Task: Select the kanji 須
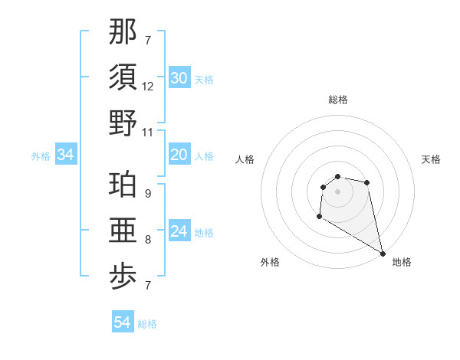pyautogui.click(x=123, y=77)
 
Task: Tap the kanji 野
pyautogui.click(x=123, y=123)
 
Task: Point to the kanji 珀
pyautogui.click(x=123, y=185)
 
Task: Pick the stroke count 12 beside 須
pyautogui.click(x=148, y=87)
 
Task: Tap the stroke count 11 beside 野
pyautogui.click(x=148, y=133)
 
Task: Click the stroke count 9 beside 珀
pyautogui.click(x=148, y=194)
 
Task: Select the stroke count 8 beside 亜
pyautogui.click(x=148, y=240)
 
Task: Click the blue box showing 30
pyautogui.click(x=179, y=78)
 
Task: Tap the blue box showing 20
pyautogui.click(x=179, y=155)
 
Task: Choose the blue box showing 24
pyautogui.click(x=179, y=231)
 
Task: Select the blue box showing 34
pyautogui.click(x=65, y=155)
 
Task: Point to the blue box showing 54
pyautogui.click(x=122, y=322)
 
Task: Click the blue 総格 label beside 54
pyautogui.click(x=147, y=324)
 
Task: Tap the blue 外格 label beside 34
pyautogui.click(x=41, y=156)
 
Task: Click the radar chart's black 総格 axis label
pyautogui.click(x=338, y=100)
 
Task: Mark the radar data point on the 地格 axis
pyautogui.click(x=383, y=254)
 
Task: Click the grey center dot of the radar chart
pyautogui.click(x=337, y=191)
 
